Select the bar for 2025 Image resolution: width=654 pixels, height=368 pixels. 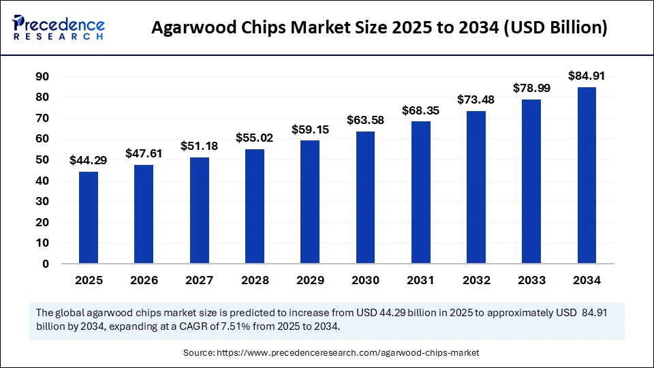89,217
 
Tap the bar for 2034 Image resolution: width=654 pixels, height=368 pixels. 587,175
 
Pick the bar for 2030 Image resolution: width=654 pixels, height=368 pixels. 365,198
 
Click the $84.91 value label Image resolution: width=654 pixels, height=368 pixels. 587,76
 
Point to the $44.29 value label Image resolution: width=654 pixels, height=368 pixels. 89,160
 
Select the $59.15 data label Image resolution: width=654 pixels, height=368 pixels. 310,129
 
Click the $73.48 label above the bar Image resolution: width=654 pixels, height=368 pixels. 476,99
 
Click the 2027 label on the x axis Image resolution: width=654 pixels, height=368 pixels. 199,280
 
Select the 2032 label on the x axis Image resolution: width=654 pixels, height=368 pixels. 476,280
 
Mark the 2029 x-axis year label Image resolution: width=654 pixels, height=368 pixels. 310,280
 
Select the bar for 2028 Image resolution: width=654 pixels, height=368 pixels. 255,206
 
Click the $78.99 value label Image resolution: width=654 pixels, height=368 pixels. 531,88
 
